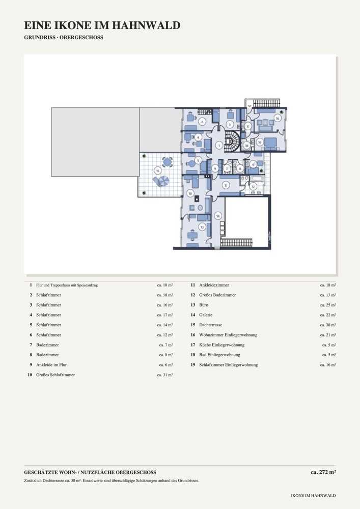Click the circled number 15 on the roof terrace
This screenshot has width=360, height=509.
158,170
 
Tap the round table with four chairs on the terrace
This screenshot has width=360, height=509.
168,162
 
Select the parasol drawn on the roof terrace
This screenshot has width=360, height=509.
162,181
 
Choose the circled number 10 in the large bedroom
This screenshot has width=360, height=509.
190,193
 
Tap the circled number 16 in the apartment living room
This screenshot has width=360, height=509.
278,119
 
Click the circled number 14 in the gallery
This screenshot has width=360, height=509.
218,216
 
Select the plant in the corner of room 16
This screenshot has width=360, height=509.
282,111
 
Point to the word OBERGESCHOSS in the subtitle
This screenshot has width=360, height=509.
81,37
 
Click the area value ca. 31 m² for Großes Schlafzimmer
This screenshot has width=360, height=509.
165,375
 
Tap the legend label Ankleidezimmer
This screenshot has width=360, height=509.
214,285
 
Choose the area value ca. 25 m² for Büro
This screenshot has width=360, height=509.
328,305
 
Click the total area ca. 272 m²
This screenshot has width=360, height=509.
323,472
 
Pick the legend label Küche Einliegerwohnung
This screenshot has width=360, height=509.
222,345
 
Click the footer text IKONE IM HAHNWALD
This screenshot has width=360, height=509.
313,496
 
